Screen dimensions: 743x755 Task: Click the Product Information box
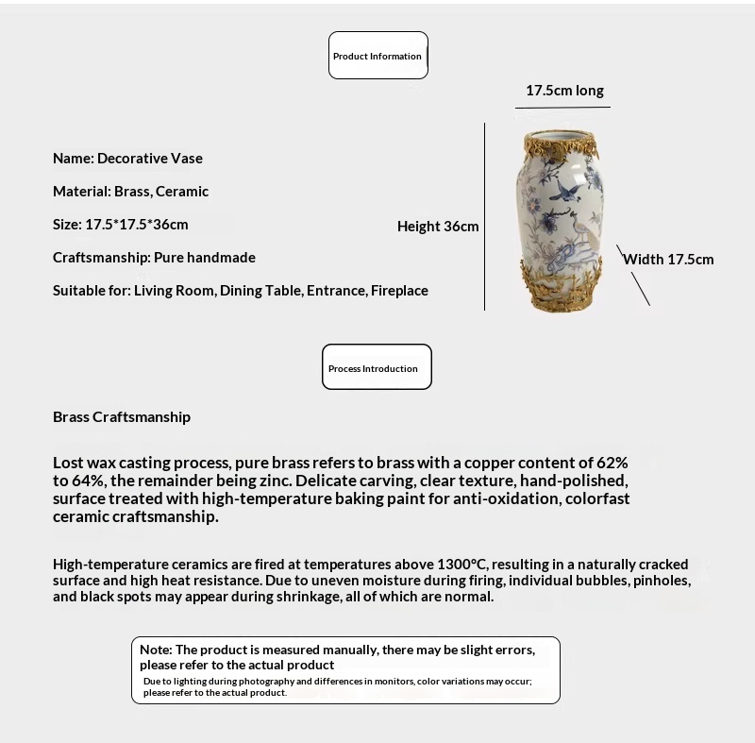(x=377, y=56)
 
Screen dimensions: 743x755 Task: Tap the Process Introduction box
(x=377, y=368)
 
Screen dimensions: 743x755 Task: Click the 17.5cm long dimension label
(x=564, y=91)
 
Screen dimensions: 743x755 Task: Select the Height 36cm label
(x=438, y=227)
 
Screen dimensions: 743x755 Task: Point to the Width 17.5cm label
(x=668, y=259)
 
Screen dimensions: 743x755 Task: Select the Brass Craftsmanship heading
(x=122, y=416)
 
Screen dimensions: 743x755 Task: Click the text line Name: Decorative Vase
(x=127, y=159)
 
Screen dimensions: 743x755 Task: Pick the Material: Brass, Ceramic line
(x=130, y=192)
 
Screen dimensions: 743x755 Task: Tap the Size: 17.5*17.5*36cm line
(x=121, y=225)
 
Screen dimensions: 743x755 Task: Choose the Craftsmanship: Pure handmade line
(x=154, y=258)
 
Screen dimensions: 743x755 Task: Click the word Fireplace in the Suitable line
(x=399, y=291)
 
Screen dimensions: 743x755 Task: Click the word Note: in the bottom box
(x=156, y=650)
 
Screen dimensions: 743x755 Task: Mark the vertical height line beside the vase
(x=484, y=216)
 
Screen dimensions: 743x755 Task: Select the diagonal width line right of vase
(x=633, y=276)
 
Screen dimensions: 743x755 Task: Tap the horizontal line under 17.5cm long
(x=564, y=107)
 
